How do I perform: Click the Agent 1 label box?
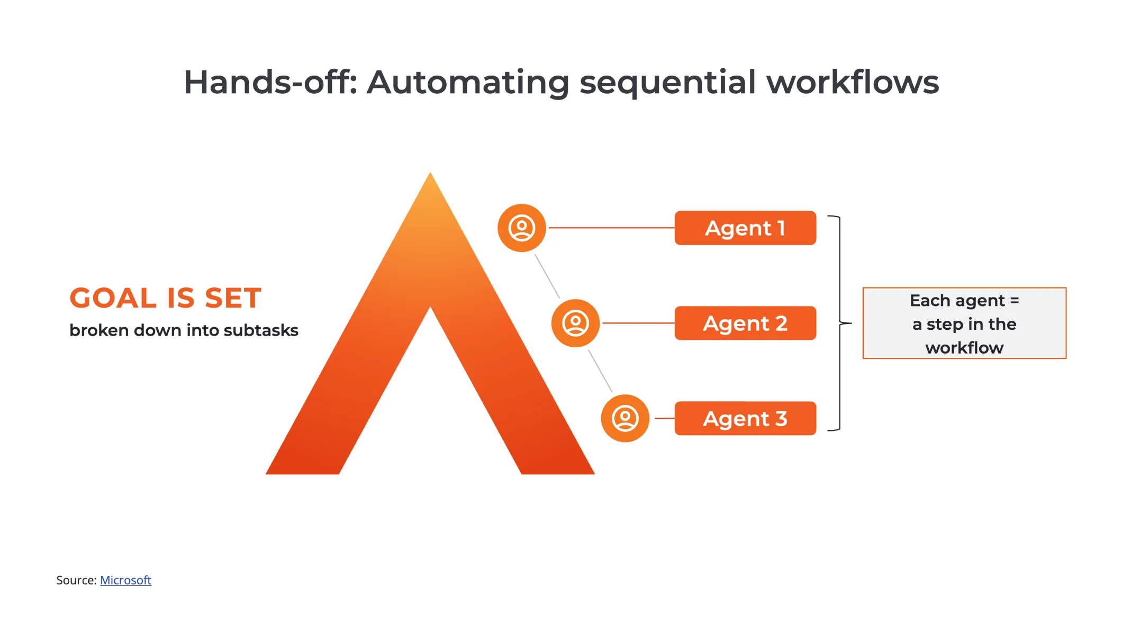coord(745,228)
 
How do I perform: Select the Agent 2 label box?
coord(745,323)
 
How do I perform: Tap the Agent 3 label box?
coord(745,418)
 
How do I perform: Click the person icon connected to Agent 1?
coord(522,228)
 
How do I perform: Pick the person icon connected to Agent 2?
coord(575,323)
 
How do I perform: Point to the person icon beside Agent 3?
coord(625,418)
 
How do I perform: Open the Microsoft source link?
coord(125,580)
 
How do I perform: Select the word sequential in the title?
coord(668,83)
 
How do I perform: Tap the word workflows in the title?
coord(853,83)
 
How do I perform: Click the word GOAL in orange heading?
coord(113,298)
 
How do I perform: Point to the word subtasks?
coord(261,330)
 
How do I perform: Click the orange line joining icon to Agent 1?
coord(611,228)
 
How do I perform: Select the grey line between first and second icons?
coord(547,276)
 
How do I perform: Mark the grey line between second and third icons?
coord(600,371)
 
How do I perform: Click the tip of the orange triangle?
coord(430,173)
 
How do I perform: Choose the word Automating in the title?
coord(468,83)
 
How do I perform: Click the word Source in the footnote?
coord(76,580)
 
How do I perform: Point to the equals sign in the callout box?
coord(1015,301)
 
